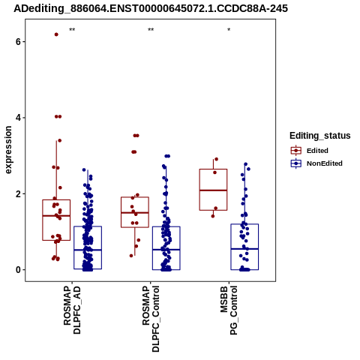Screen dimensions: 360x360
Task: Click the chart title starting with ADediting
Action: click(151, 9)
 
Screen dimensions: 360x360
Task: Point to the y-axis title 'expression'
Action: click(8, 150)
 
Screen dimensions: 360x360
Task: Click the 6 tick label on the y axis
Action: click(18, 42)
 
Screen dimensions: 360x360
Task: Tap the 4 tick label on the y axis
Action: click(18, 118)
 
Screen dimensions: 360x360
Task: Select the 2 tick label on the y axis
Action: click(18, 194)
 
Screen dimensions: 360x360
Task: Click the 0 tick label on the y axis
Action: click(18, 270)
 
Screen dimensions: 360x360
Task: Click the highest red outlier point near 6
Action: click(56, 34)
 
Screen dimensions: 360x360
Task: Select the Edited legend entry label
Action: click(317, 151)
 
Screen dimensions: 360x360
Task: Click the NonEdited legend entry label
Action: click(325, 163)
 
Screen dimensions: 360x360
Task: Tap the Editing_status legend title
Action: click(320, 136)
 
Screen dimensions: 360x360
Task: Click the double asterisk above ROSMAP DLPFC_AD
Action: click(72, 30)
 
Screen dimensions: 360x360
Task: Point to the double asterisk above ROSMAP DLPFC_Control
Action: click(151, 30)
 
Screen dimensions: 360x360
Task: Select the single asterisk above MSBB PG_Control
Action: click(229, 29)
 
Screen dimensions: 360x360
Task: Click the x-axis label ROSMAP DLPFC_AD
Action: click(72, 310)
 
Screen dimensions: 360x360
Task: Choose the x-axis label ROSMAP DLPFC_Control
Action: click(151, 319)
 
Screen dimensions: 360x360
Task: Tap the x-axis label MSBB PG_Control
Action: click(229, 310)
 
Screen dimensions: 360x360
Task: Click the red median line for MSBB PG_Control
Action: click(213, 190)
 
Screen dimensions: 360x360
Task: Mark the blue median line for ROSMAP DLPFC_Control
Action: click(166, 250)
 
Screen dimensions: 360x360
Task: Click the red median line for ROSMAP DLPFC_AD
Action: click(56, 216)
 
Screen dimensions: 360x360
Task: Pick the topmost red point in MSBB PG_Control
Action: click(216, 159)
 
